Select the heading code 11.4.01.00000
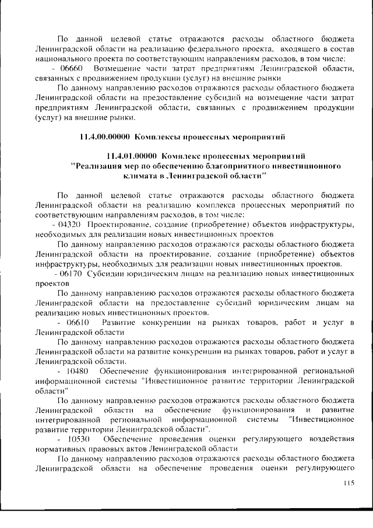coord(131,156)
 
